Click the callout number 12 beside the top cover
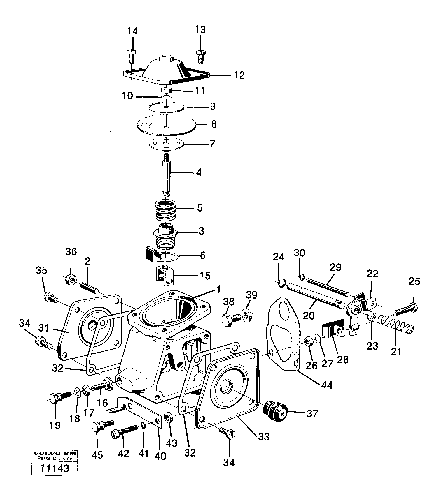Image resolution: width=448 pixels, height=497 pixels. coord(239,75)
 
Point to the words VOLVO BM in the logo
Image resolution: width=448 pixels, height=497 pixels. coord(55,454)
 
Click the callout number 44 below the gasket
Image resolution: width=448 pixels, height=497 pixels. coord(326,385)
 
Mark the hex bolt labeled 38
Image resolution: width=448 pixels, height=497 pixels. coord(231,319)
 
